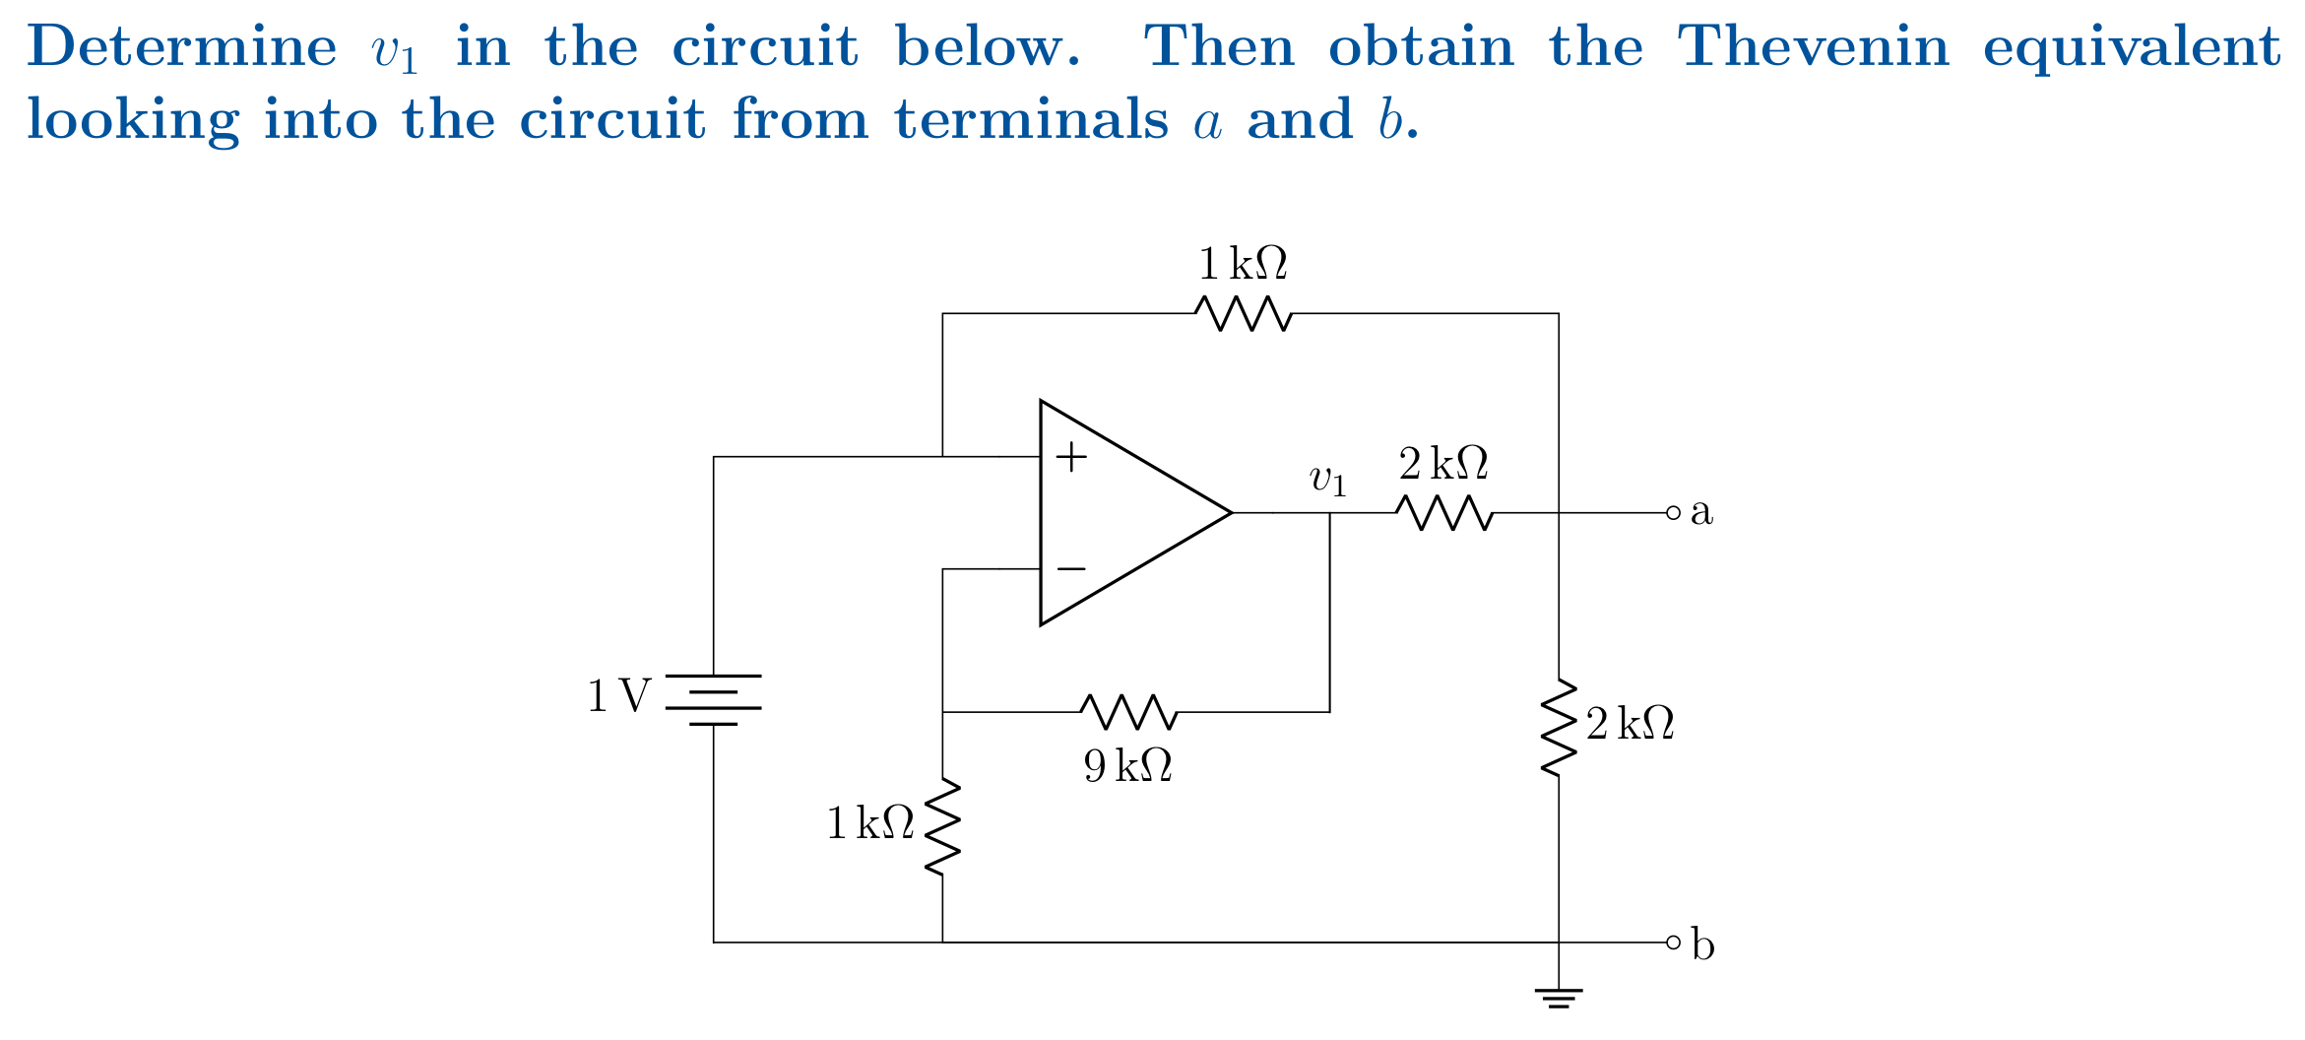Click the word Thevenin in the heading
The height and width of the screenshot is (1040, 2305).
(x=1813, y=46)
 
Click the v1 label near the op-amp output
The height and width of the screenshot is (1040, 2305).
(x=1327, y=480)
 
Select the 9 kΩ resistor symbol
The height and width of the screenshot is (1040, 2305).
(x=1128, y=711)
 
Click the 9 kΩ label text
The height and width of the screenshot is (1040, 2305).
(x=1128, y=766)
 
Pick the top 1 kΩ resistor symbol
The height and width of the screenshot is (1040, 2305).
(x=1243, y=313)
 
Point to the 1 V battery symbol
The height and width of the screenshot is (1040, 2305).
(x=714, y=699)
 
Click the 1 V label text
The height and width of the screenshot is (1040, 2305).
(x=619, y=697)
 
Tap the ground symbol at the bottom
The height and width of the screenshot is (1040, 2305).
(x=1558, y=997)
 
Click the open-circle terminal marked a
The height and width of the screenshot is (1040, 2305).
(x=1673, y=513)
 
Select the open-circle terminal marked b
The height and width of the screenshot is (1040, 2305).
(x=1673, y=942)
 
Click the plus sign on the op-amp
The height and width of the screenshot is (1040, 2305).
(x=1071, y=457)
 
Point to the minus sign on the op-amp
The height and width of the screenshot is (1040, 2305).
(x=1071, y=569)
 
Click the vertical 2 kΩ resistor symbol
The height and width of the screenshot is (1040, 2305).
(x=1558, y=727)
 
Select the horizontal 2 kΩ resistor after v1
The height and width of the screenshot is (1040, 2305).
(x=1444, y=513)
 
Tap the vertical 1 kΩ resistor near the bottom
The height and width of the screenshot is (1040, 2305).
(x=942, y=825)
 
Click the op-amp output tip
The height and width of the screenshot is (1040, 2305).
(x=1231, y=513)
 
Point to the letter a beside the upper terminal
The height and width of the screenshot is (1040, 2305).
(x=1701, y=513)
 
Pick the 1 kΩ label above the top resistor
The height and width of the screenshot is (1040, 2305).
(x=1243, y=264)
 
